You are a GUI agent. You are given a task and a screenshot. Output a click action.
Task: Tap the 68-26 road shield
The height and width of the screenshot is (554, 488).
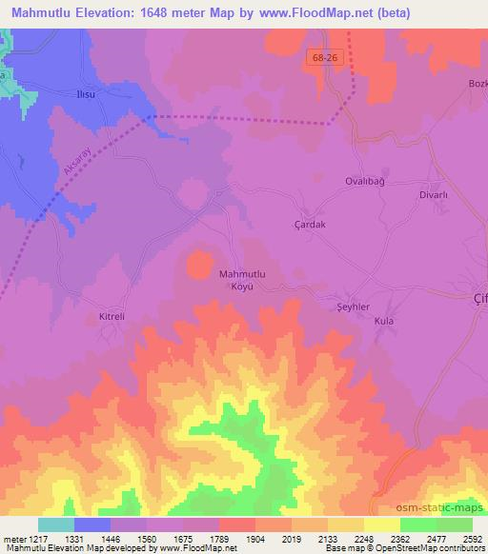[x=324, y=59]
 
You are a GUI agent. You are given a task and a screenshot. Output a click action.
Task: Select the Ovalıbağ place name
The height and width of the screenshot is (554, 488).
[x=363, y=180]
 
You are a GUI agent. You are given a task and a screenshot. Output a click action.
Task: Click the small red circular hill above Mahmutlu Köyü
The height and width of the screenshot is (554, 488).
[x=198, y=264]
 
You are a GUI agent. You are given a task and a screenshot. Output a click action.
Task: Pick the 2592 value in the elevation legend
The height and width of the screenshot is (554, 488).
[x=472, y=539]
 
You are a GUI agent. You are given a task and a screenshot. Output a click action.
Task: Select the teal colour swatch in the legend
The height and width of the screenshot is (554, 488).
[x=56, y=524]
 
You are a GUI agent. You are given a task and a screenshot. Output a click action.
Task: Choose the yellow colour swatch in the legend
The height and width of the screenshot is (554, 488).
[x=382, y=524]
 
